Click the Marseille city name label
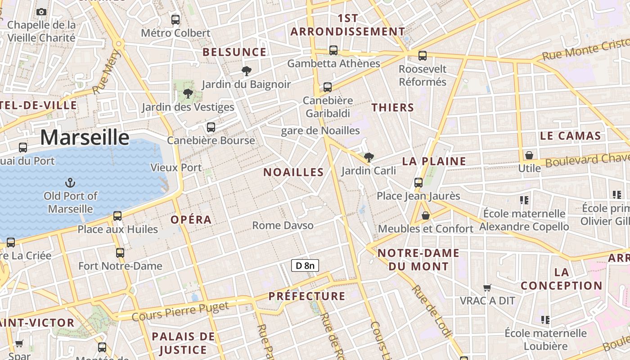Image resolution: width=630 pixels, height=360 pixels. [85, 137]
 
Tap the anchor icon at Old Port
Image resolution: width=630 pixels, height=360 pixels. [70, 182]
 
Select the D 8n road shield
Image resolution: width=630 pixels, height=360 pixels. [305, 265]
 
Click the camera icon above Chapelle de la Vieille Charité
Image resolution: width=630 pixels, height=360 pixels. [41, 12]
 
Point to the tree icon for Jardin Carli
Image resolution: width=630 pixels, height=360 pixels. [369, 157]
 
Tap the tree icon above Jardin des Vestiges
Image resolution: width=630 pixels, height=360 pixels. [188, 94]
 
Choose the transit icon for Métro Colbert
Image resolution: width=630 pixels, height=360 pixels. [175, 19]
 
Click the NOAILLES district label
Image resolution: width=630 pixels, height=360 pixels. [293, 172]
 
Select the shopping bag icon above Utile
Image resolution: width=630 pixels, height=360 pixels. [529, 155]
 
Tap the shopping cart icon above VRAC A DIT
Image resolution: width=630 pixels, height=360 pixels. [487, 287]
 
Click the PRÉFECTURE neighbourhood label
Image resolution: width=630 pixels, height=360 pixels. [307, 296]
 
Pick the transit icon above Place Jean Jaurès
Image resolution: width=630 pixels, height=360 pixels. [418, 182]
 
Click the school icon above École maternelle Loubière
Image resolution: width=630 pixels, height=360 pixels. [545, 320]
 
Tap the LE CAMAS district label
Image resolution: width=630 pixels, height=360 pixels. [570, 135]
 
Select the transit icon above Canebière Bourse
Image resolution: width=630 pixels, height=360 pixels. [211, 127]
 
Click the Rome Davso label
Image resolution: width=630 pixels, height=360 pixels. [283, 225]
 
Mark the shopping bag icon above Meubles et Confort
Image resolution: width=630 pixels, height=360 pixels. [425, 216]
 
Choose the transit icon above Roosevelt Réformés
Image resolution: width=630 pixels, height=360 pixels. [422, 55]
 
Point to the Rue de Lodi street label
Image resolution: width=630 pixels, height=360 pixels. [432, 311]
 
